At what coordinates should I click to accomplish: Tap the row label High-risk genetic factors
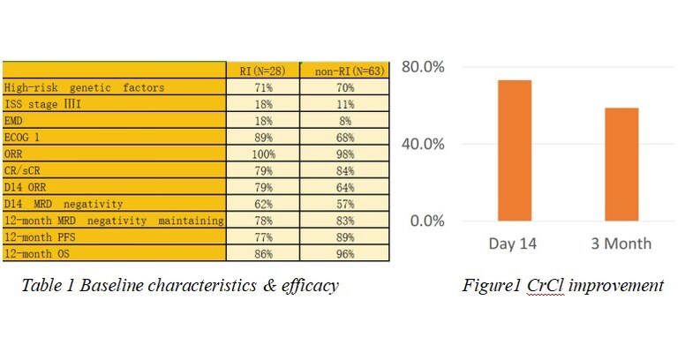click(84, 87)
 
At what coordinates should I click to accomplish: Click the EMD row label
click(13, 120)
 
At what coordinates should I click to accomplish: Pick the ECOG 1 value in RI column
click(262, 137)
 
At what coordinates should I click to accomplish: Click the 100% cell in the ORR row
click(262, 154)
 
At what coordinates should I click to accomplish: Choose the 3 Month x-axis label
click(621, 243)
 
